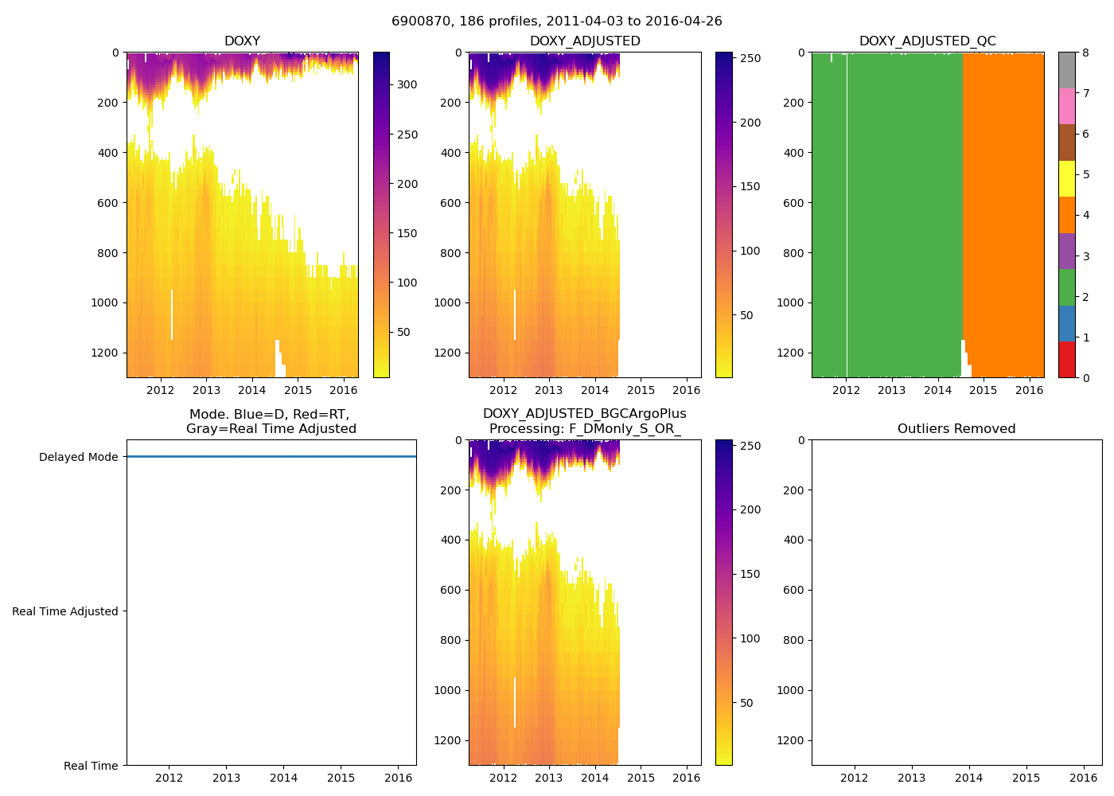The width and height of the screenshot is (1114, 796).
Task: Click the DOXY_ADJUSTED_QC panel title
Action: pos(927,41)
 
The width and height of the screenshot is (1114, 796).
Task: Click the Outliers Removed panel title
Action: pos(956,429)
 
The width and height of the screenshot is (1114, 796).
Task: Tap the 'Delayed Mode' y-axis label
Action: pos(78,457)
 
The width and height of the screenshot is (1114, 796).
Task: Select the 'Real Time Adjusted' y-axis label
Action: pos(65,611)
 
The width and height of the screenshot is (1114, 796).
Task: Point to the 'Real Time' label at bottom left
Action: pos(91,766)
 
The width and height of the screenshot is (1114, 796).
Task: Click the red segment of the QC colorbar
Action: pos(1066,360)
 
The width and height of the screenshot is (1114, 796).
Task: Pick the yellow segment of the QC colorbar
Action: pos(1066,179)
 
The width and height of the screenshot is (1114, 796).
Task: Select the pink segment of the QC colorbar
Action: pos(1066,107)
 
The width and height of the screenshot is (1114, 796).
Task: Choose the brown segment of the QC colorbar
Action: pos(1066,142)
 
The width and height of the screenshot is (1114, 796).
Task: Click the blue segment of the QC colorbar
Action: pos(1066,323)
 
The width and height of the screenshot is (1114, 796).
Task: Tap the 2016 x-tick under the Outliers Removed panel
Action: pos(1084,778)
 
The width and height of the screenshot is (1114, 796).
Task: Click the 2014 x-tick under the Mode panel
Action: pos(284,778)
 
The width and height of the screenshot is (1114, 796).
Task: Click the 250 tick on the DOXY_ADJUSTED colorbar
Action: pos(750,59)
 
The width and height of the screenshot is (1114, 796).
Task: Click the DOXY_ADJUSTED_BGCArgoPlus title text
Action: pos(584,414)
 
